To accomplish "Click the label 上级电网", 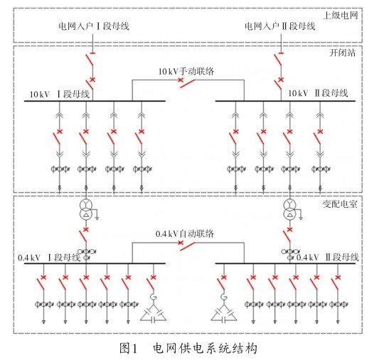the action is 341,16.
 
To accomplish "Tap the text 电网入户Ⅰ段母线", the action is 94,26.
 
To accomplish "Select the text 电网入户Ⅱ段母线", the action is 280,26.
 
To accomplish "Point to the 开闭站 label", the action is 343,53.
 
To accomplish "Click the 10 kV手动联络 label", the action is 186,71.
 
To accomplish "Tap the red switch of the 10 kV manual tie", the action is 186,83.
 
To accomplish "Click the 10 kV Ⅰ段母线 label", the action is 60,94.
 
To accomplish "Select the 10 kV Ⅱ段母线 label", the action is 318,93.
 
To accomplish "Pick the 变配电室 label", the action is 340,204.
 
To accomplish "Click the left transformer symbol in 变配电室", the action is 86,210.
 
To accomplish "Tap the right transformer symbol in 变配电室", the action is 289,210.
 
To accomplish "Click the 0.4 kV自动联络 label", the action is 185,234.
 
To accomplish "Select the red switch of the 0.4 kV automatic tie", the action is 186,245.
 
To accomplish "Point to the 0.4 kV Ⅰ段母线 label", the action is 49,258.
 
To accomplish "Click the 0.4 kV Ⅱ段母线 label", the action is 328,258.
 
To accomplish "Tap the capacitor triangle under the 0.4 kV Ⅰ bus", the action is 154,314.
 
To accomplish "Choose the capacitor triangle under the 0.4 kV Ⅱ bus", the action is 224,314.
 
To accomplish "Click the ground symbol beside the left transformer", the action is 97,218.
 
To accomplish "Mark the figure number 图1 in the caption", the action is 128,349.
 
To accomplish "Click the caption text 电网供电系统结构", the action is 205,349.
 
